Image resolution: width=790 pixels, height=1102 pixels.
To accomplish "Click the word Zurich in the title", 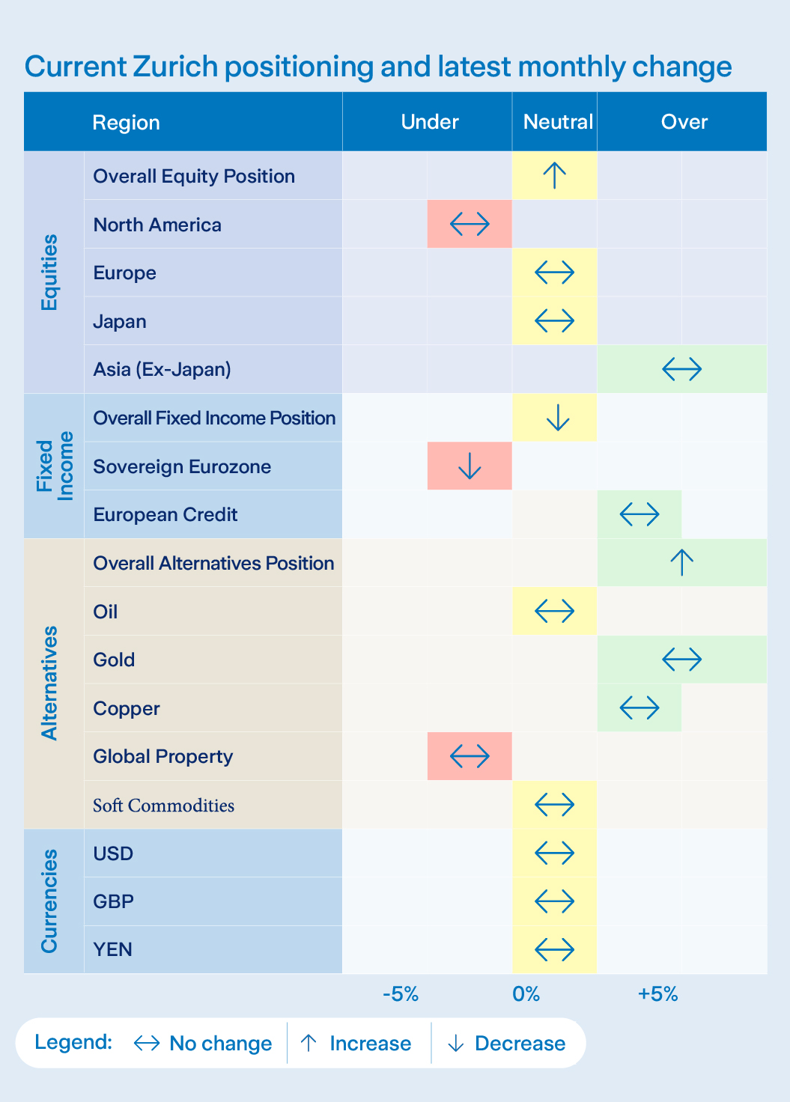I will [175, 67].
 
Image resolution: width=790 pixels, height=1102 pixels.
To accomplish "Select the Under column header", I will [429, 122].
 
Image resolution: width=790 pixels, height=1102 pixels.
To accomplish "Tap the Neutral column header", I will [558, 122].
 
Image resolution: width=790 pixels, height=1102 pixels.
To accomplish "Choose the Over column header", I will [684, 122].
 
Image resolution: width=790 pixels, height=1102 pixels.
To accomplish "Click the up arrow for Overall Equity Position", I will [554, 176].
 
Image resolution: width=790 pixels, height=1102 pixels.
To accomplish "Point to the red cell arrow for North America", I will [470, 224].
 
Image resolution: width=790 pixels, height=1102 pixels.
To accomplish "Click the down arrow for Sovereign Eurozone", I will [470, 466].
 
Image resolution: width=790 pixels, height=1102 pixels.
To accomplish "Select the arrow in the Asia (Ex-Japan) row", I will [682, 369].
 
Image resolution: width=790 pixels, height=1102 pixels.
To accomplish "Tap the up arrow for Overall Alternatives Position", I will [682, 562].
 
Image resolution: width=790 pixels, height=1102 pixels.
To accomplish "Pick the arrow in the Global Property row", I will [470, 756].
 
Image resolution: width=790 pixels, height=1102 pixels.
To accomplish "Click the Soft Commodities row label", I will [163, 806].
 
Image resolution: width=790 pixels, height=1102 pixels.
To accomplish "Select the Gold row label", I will [114, 660].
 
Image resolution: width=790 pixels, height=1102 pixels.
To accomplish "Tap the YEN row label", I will [112, 949].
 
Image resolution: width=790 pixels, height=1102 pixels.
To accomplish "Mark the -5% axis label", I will [401, 994].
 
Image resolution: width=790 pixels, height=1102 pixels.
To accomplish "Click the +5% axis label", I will [657, 994].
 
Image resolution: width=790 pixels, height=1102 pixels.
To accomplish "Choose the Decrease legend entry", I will [507, 1043].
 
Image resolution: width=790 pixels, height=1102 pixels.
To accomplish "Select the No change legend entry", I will [203, 1043].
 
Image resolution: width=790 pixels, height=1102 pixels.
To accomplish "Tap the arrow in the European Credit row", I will [639, 514].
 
